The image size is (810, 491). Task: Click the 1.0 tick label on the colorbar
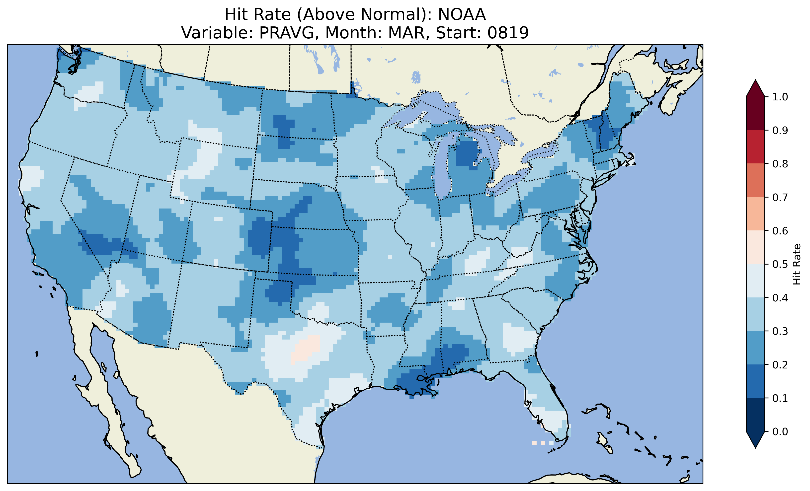(780, 97)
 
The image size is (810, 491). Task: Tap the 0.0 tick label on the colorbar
(780, 431)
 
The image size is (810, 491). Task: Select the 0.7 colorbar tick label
(780, 197)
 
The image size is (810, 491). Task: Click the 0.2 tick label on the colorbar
(780, 364)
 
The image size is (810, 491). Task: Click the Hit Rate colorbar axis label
(797, 264)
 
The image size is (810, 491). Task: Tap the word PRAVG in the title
(286, 33)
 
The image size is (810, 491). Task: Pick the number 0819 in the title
(508, 33)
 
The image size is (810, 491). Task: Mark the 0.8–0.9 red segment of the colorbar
(755, 146)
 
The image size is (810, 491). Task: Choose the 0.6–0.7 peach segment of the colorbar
(755, 214)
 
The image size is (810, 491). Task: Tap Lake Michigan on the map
(442, 171)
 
